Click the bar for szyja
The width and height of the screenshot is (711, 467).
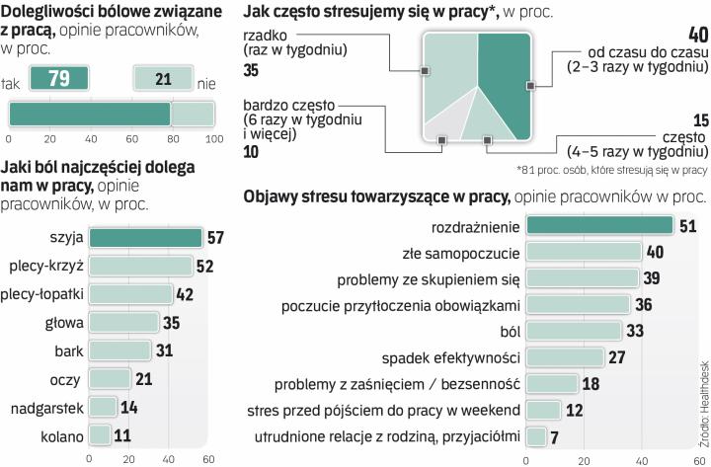tap(145, 237)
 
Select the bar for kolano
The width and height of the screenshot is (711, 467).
tap(100, 434)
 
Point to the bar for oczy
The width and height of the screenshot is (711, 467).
tap(110, 378)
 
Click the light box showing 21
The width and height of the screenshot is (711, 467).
tap(163, 78)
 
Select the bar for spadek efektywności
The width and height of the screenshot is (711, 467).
tap(564, 356)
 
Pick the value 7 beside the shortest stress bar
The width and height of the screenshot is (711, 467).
tap(557, 436)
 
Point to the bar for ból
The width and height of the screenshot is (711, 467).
tap(574, 331)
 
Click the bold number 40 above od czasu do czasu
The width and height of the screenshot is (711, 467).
tap(697, 35)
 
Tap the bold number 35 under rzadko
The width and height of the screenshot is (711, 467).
tap(251, 71)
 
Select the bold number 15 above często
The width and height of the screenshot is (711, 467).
tap(699, 120)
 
